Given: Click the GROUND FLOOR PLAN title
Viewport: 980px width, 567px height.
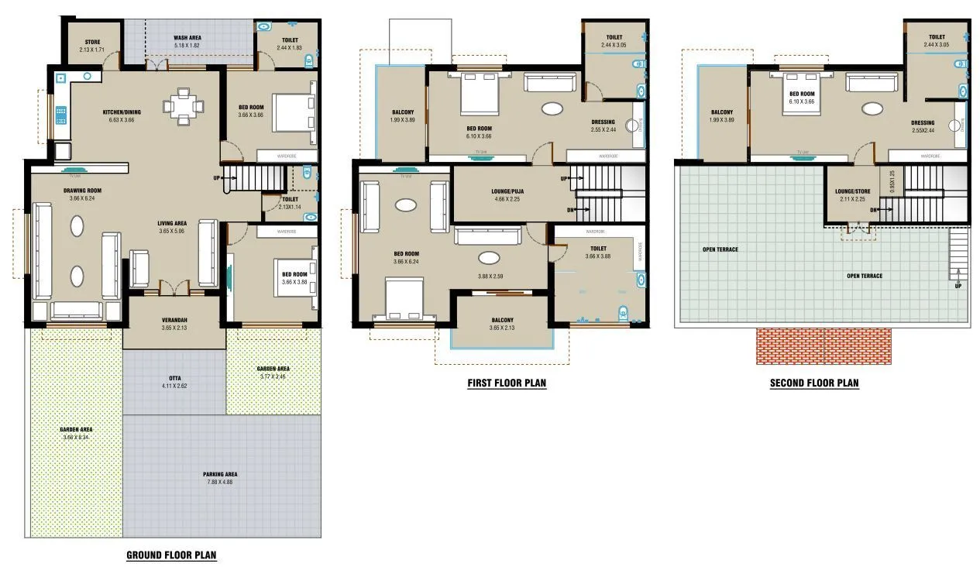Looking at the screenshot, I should point(171,555).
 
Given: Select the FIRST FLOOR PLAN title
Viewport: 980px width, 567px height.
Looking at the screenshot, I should point(507,383).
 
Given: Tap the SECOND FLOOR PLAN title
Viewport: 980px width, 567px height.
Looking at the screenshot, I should point(814,383).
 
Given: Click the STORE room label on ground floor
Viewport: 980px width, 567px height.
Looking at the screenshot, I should point(92,42).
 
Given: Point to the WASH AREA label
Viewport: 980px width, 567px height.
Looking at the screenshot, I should point(187,37).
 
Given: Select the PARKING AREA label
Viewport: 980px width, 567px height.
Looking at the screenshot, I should point(220,474).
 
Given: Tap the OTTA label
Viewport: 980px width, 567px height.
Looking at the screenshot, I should point(174,378).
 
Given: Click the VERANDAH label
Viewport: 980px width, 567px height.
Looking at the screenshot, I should point(174,320).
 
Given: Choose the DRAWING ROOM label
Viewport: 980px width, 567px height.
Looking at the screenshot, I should point(82,191).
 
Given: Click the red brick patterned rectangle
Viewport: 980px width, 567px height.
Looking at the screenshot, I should point(824,345).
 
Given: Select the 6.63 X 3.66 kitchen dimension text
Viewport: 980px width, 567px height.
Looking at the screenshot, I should point(122,120).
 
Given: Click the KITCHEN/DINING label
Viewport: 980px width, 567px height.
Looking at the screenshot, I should point(122,112).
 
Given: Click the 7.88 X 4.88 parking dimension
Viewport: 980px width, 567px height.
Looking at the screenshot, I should point(220,482).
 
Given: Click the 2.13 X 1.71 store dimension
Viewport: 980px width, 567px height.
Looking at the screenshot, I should point(92,50).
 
